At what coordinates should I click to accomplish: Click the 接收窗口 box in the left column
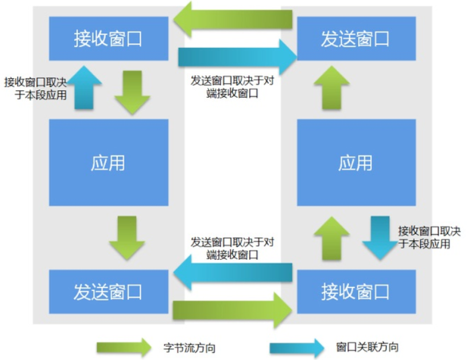coord(108,39)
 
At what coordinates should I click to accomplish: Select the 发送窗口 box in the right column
coord(356,39)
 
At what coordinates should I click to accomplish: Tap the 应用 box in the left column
coord(108,163)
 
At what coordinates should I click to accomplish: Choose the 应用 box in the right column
coord(356,163)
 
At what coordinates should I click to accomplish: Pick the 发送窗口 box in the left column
coord(108,292)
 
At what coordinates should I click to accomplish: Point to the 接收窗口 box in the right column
coord(356,292)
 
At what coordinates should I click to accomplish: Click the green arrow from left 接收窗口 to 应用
coord(132,92)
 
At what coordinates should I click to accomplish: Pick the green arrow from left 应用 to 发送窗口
coord(126,238)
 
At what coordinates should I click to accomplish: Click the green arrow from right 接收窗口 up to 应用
coord(332,238)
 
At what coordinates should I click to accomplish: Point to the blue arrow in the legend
coord(297,347)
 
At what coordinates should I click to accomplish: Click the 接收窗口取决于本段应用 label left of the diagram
coord(35,88)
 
